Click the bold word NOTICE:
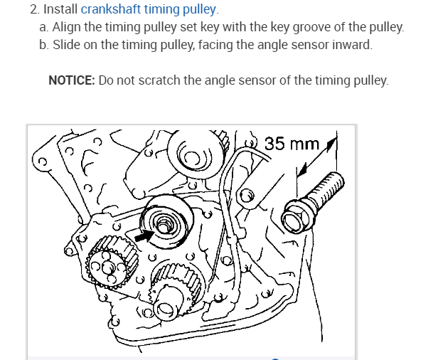pos(72,80)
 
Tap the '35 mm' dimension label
pos(292,144)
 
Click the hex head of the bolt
pos(297,217)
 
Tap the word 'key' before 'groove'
pos(292,28)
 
